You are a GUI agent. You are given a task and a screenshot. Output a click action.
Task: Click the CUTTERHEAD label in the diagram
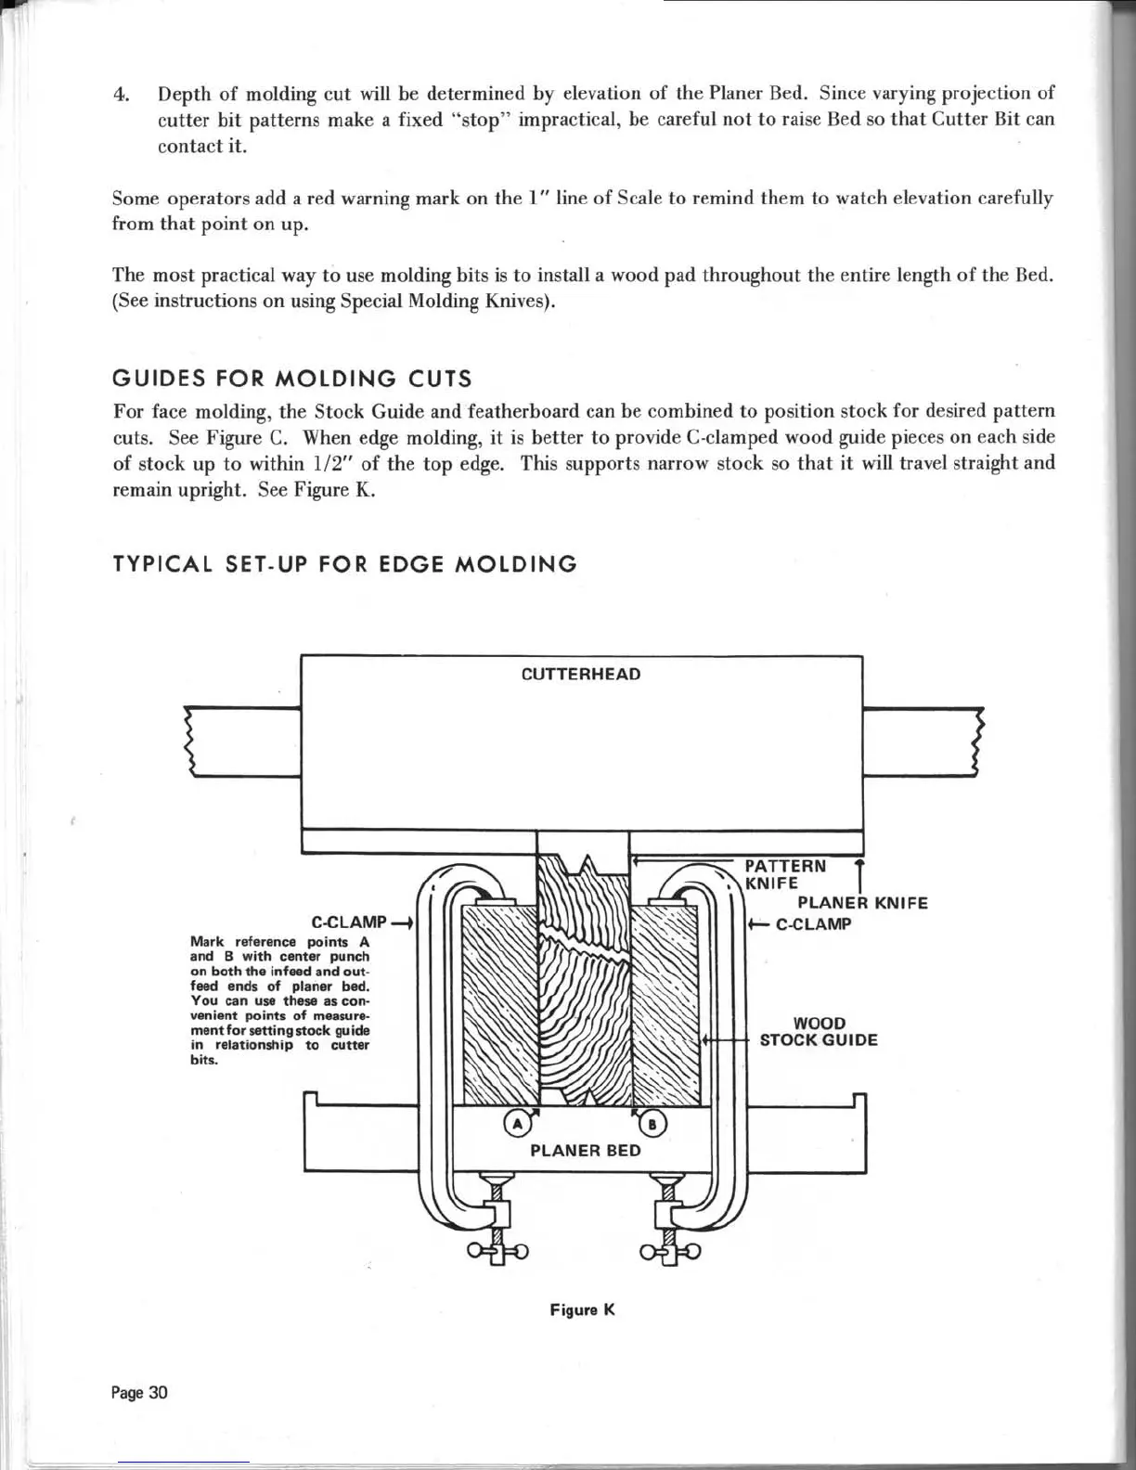pyautogui.click(x=581, y=674)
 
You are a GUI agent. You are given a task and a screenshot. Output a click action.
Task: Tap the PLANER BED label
pyautogui.click(x=585, y=1151)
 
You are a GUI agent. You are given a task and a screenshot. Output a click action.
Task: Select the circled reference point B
pyautogui.click(x=652, y=1125)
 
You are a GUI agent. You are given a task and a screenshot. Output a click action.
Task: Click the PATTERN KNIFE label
pyautogui.click(x=785, y=873)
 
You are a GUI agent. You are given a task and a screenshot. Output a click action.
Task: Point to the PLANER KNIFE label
pyautogui.click(x=862, y=903)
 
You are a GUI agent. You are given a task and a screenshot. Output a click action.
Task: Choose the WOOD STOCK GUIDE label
pyautogui.click(x=819, y=1032)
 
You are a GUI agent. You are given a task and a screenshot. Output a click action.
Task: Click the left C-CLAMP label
pyautogui.click(x=349, y=922)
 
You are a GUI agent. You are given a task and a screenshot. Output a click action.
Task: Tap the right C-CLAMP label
pyautogui.click(x=813, y=924)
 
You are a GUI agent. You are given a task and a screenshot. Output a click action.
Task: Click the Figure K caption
pyautogui.click(x=582, y=1310)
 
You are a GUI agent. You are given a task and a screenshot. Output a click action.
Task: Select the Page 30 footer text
pyautogui.click(x=139, y=1393)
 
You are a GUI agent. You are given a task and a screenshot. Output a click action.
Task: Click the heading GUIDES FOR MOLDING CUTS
pyautogui.click(x=291, y=379)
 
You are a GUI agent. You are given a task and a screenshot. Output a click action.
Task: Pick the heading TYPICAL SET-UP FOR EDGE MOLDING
pyautogui.click(x=344, y=564)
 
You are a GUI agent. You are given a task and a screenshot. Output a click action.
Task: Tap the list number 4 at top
pyautogui.click(x=120, y=95)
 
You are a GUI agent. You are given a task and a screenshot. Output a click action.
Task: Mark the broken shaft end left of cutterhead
pyautogui.click(x=192, y=741)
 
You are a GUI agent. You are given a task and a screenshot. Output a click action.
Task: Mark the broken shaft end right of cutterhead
pyautogui.click(x=976, y=741)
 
